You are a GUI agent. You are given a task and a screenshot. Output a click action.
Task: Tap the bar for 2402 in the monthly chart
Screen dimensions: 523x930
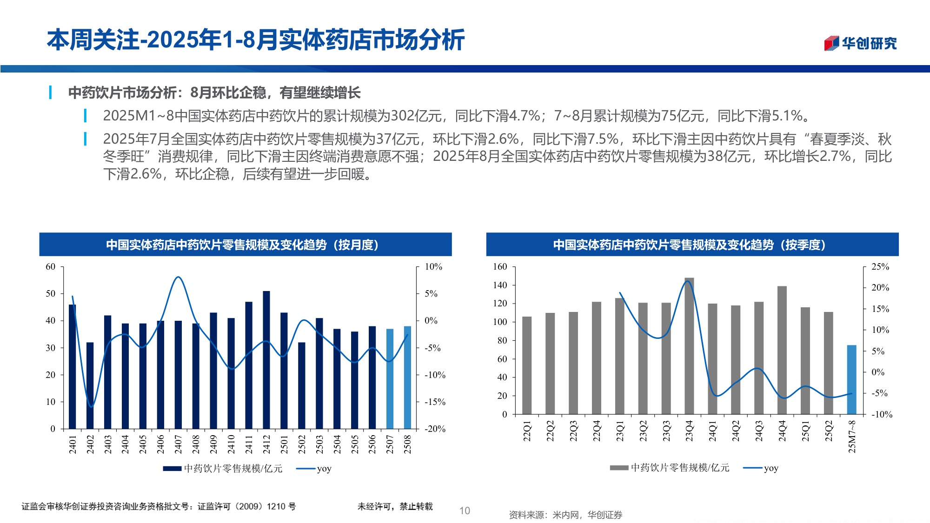(90, 385)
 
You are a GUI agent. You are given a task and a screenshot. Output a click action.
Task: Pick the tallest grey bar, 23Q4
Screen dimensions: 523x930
(689, 346)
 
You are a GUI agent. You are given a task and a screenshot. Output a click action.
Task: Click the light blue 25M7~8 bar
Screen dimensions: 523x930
(851, 379)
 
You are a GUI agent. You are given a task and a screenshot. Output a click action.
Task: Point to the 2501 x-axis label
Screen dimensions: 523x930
(284, 444)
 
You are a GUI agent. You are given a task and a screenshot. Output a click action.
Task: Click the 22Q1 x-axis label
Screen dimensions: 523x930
(527, 431)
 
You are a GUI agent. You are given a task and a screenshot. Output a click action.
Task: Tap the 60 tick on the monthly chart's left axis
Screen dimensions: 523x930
(50, 267)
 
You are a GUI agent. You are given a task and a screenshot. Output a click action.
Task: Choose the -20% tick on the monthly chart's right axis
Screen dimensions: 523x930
(435, 429)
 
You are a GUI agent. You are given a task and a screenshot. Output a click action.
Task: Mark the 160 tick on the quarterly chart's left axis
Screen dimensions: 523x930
(500, 267)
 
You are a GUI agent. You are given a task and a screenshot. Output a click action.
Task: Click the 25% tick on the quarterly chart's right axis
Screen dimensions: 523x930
(880, 267)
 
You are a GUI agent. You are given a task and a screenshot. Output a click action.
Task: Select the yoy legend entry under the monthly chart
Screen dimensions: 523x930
(314, 469)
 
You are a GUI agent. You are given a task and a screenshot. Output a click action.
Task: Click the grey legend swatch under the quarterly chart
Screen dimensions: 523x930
(619, 468)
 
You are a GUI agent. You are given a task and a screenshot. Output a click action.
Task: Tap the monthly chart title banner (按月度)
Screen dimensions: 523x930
(246, 245)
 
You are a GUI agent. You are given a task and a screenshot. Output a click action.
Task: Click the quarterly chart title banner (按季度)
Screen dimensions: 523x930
(692, 245)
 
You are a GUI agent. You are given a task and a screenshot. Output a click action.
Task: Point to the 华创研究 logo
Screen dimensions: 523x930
(860, 43)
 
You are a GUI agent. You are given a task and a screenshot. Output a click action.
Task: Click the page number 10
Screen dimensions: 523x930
(465, 511)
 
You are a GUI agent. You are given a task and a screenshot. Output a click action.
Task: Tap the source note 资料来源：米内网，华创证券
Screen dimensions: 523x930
(565, 515)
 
